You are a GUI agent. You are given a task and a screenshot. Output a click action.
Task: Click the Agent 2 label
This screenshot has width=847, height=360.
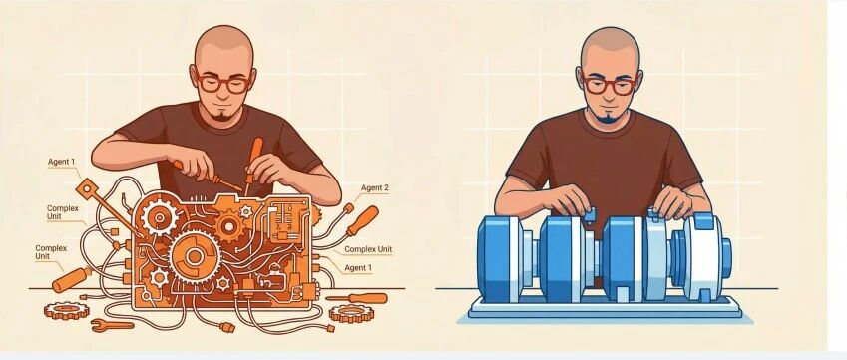click(375, 187)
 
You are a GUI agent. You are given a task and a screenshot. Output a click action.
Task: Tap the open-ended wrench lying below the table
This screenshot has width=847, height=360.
click(112, 325)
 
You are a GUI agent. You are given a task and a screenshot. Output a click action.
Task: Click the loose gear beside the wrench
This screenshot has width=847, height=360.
click(67, 310)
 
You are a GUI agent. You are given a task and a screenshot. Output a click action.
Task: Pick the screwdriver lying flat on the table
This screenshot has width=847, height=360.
click(356, 298)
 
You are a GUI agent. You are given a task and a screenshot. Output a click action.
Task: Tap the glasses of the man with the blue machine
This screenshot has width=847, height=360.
click(609, 85)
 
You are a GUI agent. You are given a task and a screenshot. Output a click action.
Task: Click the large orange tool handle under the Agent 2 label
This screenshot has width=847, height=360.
click(362, 220)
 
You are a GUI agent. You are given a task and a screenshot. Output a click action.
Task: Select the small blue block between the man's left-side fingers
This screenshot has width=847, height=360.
click(589, 215)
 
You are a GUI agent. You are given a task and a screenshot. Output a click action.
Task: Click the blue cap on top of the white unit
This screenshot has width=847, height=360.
click(703, 220)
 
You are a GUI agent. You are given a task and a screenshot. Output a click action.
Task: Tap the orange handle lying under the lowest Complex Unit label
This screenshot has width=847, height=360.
click(70, 279)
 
